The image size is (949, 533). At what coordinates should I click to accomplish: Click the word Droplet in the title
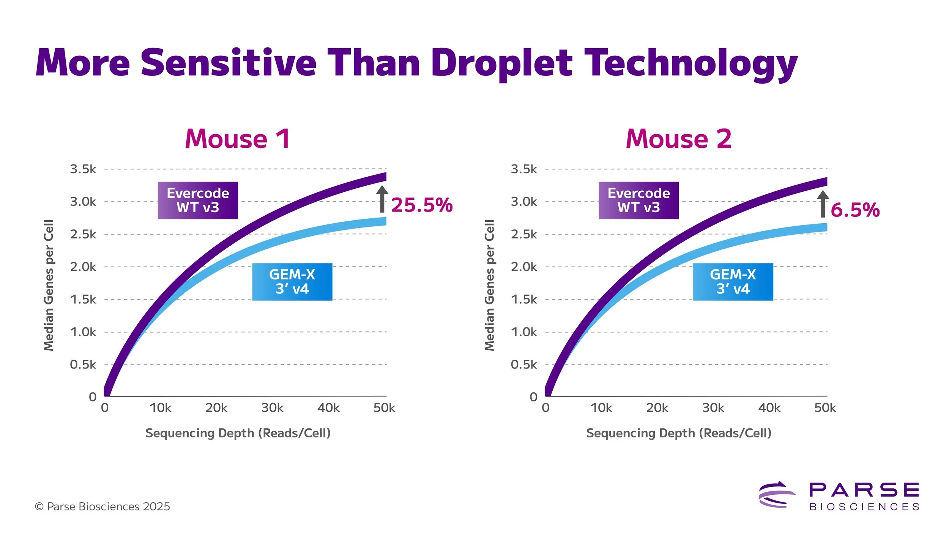tap(501, 63)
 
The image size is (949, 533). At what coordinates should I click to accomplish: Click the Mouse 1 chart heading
tap(238, 139)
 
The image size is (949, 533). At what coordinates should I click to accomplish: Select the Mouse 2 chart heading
tap(679, 139)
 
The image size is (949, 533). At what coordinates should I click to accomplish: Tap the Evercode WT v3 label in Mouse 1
tap(198, 201)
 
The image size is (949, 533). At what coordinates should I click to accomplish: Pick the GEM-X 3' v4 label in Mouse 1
tap(292, 282)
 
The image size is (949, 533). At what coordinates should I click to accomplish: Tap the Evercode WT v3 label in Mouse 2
tap(638, 201)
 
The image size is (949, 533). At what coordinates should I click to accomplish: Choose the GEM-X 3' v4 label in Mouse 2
tap(733, 282)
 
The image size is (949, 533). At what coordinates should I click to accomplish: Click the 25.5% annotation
tap(422, 205)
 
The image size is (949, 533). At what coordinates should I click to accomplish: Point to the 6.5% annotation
tap(855, 210)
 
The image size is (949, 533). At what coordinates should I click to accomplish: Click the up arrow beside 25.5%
tap(382, 199)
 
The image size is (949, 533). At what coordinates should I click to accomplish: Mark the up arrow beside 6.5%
tap(823, 204)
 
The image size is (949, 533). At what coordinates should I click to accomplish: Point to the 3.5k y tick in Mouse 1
tap(83, 169)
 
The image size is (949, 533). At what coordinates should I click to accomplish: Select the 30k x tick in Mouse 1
tap(272, 408)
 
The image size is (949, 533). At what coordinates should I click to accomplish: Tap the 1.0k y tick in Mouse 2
tap(524, 332)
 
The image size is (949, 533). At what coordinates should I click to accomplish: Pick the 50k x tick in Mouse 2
tap(825, 408)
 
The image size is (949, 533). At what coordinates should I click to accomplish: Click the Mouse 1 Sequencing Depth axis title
tap(238, 433)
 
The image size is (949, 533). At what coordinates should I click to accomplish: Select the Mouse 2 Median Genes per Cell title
tap(490, 285)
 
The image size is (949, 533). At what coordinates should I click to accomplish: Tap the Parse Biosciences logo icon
tap(776, 494)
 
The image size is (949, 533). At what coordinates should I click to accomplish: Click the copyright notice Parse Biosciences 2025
tap(102, 506)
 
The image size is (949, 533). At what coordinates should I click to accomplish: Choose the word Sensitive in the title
tap(229, 63)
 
